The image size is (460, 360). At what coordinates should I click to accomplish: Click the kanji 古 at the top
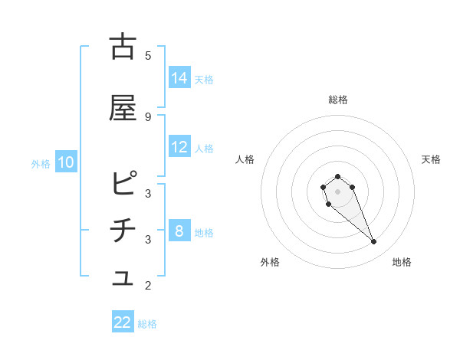click(123, 47)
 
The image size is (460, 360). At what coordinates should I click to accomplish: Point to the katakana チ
click(123, 231)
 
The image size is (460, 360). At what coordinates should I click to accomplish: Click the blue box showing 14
click(179, 78)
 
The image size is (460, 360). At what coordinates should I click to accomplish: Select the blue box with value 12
click(179, 147)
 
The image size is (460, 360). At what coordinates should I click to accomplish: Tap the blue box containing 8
click(179, 231)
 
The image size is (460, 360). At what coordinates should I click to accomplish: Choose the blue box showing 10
click(66, 162)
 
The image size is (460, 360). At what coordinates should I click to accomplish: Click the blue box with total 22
click(123, 322)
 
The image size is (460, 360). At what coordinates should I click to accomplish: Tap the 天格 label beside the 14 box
click(204, 79)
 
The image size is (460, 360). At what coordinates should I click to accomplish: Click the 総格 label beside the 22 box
click(147, 323)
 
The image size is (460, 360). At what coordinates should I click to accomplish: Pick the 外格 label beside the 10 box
click(41, 163)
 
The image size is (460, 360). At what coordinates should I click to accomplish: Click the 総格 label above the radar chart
click(337, 100)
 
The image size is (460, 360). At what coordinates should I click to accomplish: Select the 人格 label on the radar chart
click(245, 159)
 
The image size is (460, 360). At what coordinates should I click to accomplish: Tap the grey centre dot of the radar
click(337, 191)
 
